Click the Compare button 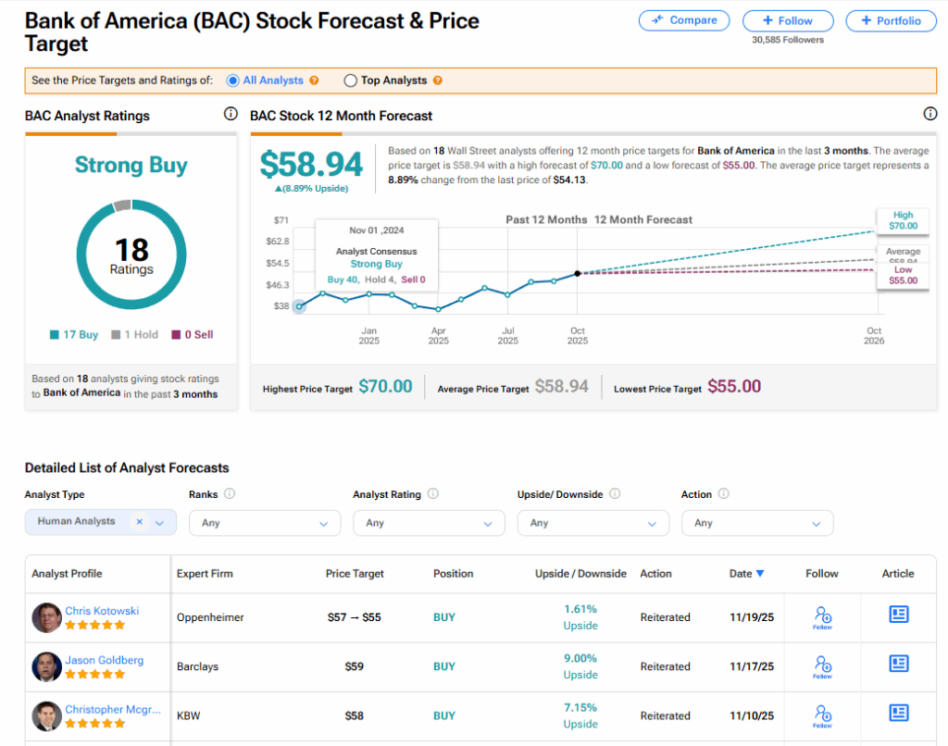tap(684, 20)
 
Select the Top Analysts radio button tap(350, 81)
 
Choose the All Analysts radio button tap(232, 81)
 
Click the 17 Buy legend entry tap(74, 335)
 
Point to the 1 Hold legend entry tap(135, 335)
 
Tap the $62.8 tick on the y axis tap(278, 242)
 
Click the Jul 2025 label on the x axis tap(507, 335)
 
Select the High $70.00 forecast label tap(903, 220)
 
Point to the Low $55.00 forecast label tap(903, 276)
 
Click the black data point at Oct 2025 tap(578, 273)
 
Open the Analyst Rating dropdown tap(429, 523)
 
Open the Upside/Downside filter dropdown tap(592, 523)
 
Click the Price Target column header tap(355, 574)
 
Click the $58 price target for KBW tap(355, 715)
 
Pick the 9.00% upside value tap(580, 658)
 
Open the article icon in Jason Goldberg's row tap(898, 664)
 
